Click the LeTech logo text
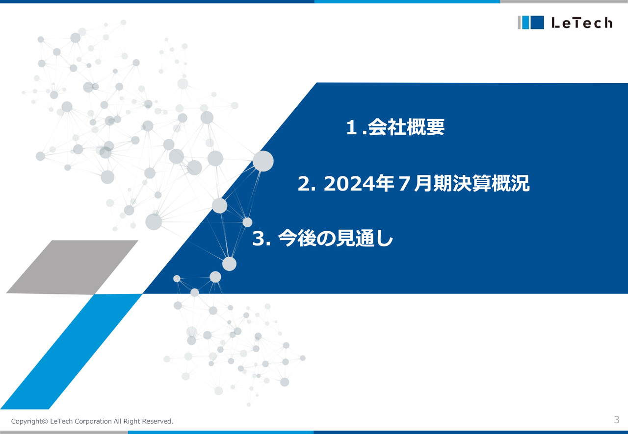[x=582, y=23]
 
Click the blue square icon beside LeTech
[x=537, y=23]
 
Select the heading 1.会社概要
[x=395, y=128]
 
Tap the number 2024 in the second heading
[x=352, y=184]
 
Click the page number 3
[x=616, y=419]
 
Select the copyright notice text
[x=92, y=421]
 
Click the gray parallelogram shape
[x=72, y=266]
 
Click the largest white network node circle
[x=263, y=161]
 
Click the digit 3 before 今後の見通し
[x=259, y=239]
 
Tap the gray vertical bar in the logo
[x=519, y=23]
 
